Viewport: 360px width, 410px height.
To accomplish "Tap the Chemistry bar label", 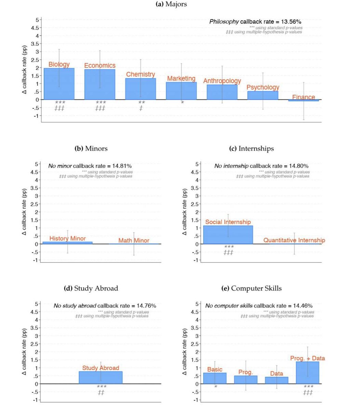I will [141, 74].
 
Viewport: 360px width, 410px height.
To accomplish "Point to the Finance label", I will [304, 97].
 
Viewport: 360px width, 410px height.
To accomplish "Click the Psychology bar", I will [263, 96].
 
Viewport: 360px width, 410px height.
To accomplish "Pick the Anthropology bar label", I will [222, 81].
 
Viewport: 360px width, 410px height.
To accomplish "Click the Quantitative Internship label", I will [294, 241].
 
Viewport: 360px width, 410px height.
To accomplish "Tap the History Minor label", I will [68, 238].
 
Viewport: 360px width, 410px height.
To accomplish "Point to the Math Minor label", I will [134, 241].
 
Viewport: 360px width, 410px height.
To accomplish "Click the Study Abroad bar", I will [101, 378].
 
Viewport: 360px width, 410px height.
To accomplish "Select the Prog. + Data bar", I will [307, 373].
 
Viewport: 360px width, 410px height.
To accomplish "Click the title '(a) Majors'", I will [171, 4].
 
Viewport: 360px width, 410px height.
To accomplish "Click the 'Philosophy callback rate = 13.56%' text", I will [255, 22].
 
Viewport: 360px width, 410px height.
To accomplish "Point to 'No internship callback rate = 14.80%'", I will [262, 166].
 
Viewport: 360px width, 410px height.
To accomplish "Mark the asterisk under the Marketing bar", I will [182, 102].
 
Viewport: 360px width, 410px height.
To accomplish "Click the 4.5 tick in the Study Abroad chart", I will [35, 312].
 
